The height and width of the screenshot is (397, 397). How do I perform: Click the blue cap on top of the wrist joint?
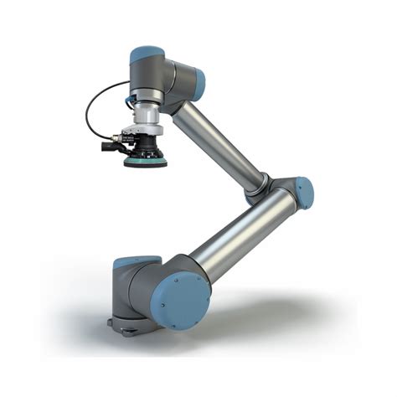(x=146, y=54)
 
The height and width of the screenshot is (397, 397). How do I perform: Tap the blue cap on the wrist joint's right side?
(x=199, y=82)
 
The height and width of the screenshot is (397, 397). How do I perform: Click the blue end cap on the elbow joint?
(x=305, y=193)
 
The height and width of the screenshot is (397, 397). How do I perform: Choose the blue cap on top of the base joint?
(x=134, y=262)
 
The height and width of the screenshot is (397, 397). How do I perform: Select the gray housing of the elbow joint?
(x=283, y=191)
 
